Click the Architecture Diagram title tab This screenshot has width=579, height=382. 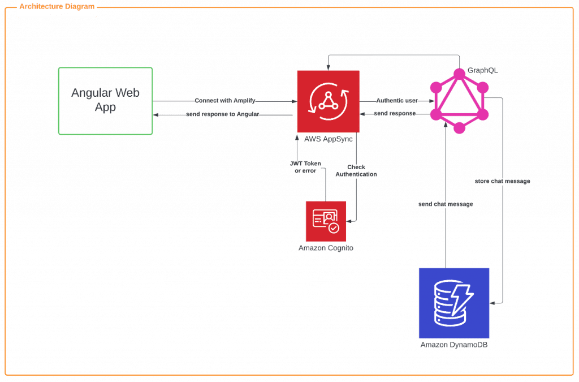click(x=57, y=7)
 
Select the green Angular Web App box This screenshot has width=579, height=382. click(x=105, y=101)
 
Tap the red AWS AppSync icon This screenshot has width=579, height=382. click(x=328, y=101)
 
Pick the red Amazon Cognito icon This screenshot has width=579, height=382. click(x=325, y=221)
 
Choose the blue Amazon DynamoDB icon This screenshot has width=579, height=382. click(x=453, y=303)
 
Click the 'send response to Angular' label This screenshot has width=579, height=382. click(x=223, y=115)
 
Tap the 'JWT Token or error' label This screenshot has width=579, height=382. click(x=305, y=167)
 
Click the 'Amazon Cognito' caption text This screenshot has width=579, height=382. click(x=325, y=248)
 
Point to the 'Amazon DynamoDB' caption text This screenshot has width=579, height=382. click(x=453, y=345)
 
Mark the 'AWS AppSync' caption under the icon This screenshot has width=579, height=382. click(x=323, y=139)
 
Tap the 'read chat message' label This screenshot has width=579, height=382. click(x=503, y=182)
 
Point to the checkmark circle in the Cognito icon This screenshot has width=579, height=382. click(x=334, y=228)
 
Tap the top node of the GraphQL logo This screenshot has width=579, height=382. click(x=459, y=73)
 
